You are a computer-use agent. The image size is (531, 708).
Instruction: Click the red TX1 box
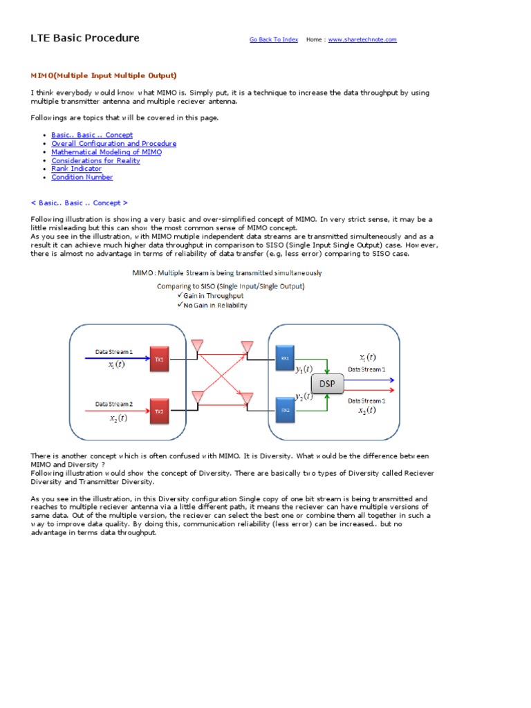pyautogui.click(x=160, y=360)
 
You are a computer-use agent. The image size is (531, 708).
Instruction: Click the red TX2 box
pyautogui.click(x=160, y=411)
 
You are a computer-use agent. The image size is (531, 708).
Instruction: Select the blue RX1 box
pyautogui.click(x=285, y=358)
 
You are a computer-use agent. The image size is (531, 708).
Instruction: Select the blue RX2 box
pyautogui.click(x=285, y=409)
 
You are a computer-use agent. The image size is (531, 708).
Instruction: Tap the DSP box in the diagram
pyautogui.click(x=326, y=383)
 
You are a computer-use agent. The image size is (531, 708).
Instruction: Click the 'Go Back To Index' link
pyautogui.click(x=274, y=40)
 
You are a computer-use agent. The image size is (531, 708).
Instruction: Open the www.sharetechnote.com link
pyautogui.click(x=362, y=40)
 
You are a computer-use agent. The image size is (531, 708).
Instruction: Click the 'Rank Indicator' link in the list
pyautogui.click(x=76, y=169)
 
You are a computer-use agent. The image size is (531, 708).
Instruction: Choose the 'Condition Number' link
pyautogui.click(x=82, y=177)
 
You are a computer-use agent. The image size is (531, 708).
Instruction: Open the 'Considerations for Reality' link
pyautogui.click(x=95, y=160)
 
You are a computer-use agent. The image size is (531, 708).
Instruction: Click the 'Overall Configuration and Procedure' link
pyautogui.click(x=113, y=144)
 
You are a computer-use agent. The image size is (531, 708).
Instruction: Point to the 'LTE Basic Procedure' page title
pyautogui.click(x=85, y=38)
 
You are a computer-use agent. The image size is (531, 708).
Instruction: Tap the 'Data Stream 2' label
pyautogui.click(x=114, y=404)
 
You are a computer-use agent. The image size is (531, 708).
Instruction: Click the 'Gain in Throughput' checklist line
pyautogui.click(x=213, y=295)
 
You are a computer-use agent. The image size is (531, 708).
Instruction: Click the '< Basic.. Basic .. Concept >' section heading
pyautogui.click(x=80, y=203)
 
